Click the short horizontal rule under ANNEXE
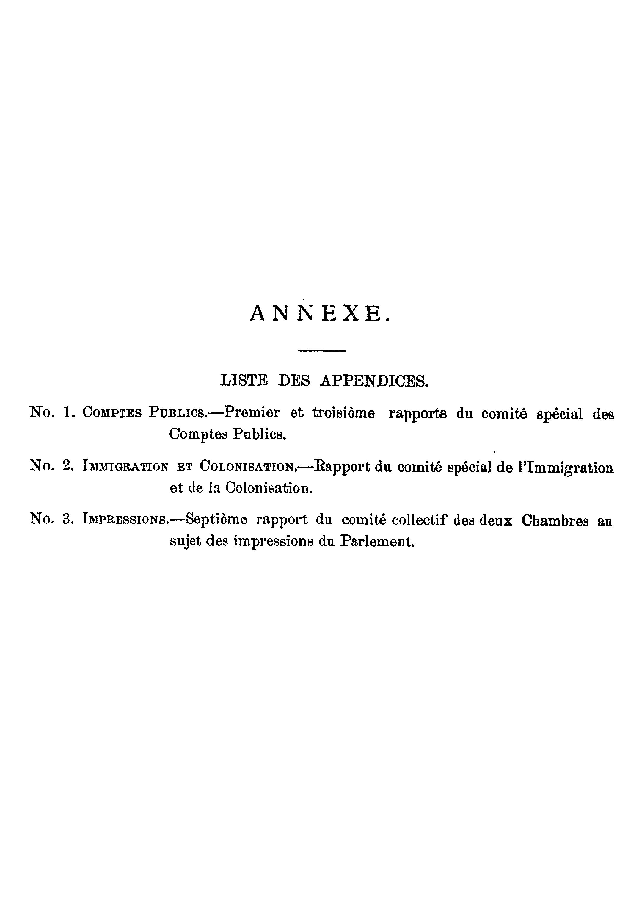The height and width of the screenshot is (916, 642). (322, 351)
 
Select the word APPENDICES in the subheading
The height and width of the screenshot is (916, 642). (374, 381)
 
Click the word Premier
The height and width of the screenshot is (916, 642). (252, 412)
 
